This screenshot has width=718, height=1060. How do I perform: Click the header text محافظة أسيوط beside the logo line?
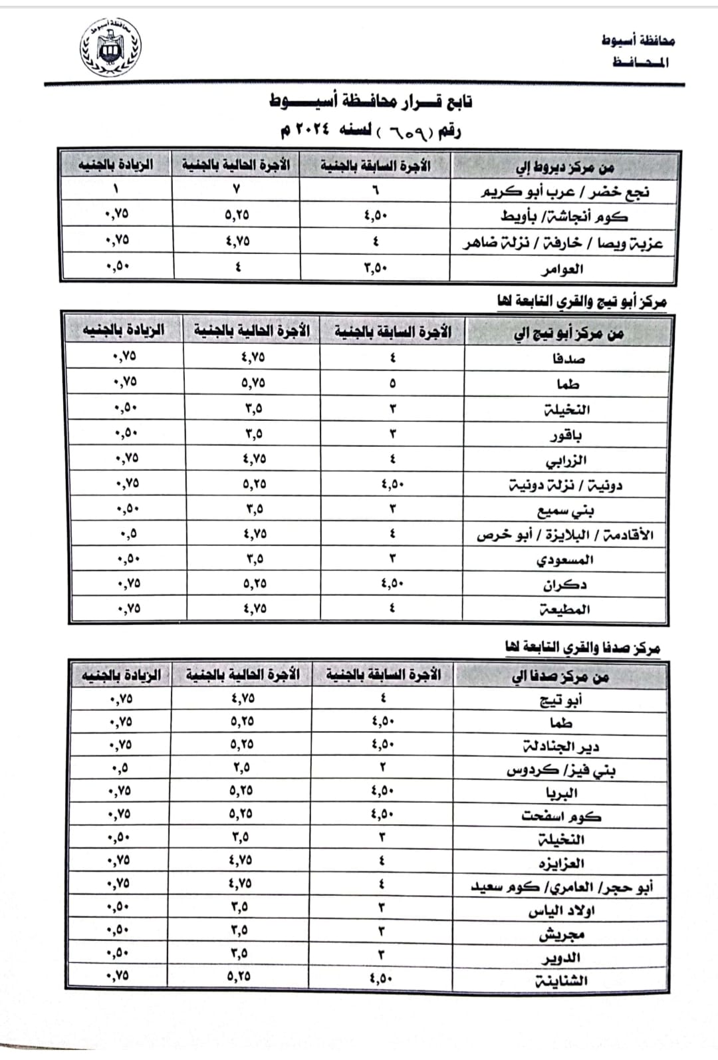click(x=638, y=41)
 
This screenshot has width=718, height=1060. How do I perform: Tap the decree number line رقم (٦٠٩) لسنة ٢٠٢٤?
click(x=370, y=130)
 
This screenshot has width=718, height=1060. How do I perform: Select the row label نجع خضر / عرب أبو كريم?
click(x=565, y=192)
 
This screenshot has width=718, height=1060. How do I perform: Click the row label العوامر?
click(x=562, y=269)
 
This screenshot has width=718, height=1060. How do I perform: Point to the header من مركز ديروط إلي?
click(x=565, y=167)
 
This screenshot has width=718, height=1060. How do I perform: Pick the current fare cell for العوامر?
click(x=237, y=267)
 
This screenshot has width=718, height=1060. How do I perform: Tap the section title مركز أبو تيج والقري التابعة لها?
click(x=582, y=303)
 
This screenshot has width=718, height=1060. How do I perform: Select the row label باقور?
click(x=566, y=436)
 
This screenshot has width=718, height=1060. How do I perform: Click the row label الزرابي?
click(x=566, y=460)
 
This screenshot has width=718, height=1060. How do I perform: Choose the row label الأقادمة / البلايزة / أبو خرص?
click(x=565, y=535)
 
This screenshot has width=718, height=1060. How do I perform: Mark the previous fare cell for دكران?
click(x=392, y=584)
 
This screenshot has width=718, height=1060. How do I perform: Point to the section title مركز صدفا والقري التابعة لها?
click(x=582, y=647)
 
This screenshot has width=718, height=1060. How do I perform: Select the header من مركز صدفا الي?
click(x=560, y=677)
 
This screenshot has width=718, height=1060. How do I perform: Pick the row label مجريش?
click(x=561, y=934)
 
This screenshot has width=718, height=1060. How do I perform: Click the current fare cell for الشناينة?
click(x=240, y=976)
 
